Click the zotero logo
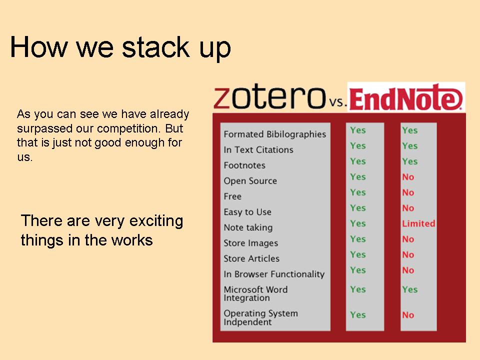(x=269, y=97)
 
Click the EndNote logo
(x=406, y=97)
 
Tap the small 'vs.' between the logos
(x=337, y=101)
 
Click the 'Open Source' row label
(x=250, y=181)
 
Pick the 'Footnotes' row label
(x=244, y=165)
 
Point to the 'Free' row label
(x=232, y=196)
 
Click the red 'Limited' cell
(x=418, y=223)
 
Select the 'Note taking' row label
(x=248, y=227)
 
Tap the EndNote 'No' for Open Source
(x=408, y=177)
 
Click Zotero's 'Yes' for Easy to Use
(x=358, y=208)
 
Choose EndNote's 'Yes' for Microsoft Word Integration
(x=410, y=289)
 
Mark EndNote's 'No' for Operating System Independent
(x=408, y=315)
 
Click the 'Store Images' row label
(x=250, y=243)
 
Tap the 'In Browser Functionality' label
(x=274, y=274)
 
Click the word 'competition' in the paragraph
(x=128, y=128)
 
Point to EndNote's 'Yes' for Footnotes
(x=410, y=161)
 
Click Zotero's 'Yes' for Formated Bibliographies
(x=358, y=130)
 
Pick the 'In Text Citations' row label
(x=258, y=149)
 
